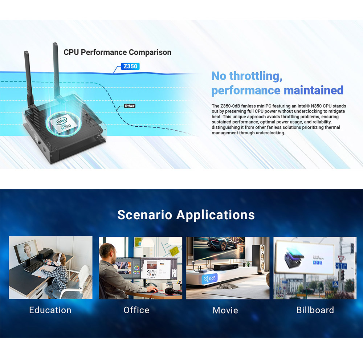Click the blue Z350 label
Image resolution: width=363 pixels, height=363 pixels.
click(x=130, y=66)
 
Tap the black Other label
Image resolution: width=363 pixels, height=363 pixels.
click(x=130, y=106)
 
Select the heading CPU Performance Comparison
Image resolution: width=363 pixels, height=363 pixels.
click(x=117, y=52)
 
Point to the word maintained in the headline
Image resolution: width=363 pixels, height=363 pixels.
click(x=314, y=90)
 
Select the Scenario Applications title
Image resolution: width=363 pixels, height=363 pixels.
click(x=186, y=215)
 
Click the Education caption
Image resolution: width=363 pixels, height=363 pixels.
click(x=50, y=310)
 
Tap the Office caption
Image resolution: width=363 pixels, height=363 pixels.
click(x=136, y=310)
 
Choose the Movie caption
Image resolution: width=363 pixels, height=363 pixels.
click(x=225, y=310)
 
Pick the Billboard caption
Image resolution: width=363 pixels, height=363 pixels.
click(x=315, y=310)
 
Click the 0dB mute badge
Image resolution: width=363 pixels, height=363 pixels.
click(x=210, y=278)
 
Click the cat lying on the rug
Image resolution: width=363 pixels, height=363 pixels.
click(x=227, y=286)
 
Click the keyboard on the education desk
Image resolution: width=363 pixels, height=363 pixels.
click(x=34, y=266)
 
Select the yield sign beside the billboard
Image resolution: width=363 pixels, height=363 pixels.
click(x=341, y=258)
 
